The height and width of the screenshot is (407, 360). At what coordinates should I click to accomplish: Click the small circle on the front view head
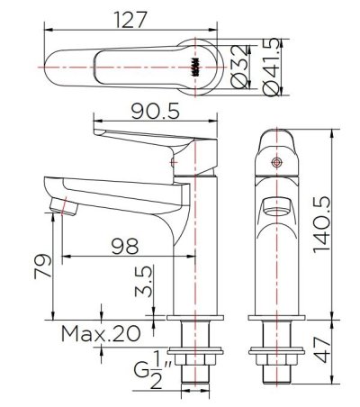tap(277, 162)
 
